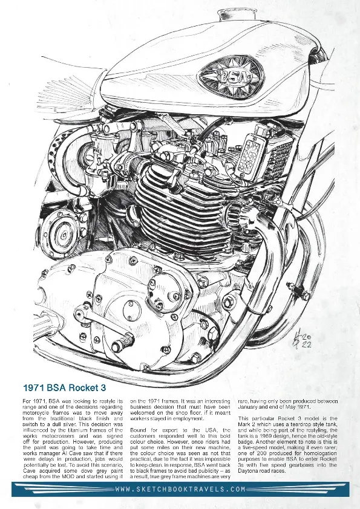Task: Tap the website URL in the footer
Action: tap(180, 489)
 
